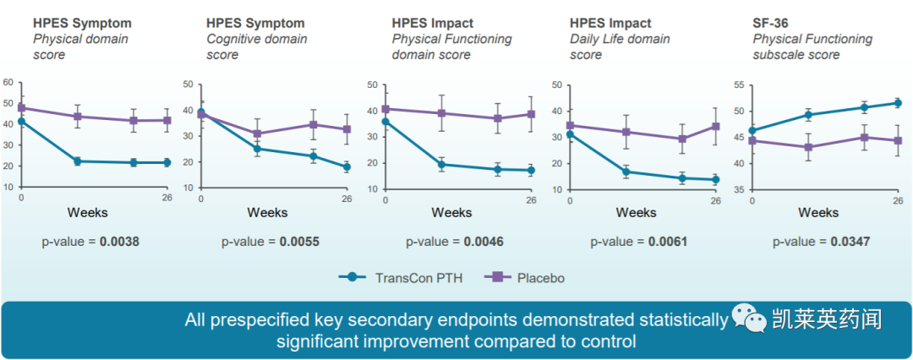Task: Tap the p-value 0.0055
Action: point(300,242)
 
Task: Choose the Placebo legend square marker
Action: point(496,277)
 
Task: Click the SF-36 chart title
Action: point(772,23)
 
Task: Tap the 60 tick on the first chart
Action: point(8,82)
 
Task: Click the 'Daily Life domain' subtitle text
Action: point(620,39)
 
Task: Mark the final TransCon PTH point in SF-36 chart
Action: point(897,103)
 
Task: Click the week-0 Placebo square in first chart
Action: point(21,108)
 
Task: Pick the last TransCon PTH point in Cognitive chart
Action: point(347,167)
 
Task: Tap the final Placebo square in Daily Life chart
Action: point(715,127)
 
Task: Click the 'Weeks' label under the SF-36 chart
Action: point(818,212)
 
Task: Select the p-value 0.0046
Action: point(484,242)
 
